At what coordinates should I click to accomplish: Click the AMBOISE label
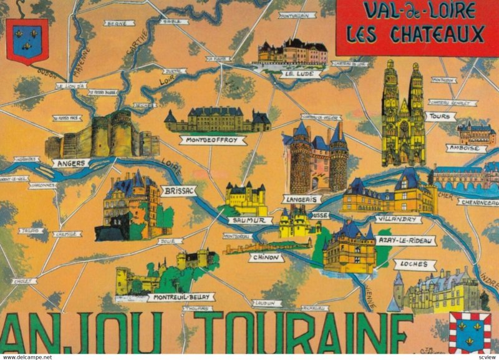pyautogui.click(x=466, y=148)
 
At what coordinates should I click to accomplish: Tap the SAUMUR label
pyautogui.click(x=249, y=220)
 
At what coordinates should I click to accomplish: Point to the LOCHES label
pyautogui.click(x=415, y=264)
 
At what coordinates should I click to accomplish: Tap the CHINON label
pyautogui.click(x=264, y=257)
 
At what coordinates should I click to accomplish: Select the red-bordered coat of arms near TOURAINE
pyautogui.click(x=470, y=333)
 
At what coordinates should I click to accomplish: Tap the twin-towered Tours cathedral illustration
pyautogui.click(x=403, y=115)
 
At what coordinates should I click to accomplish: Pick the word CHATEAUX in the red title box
pyautogui.click(x=437, y=34)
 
